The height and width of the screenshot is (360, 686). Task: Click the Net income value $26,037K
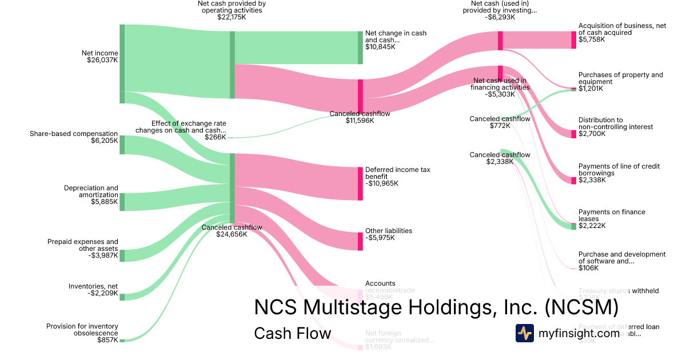point(102,60)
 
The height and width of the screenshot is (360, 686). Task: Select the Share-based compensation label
point(74,134)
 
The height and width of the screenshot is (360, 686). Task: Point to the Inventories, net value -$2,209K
point(102,293)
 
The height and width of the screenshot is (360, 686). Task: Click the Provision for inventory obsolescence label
point(82,330)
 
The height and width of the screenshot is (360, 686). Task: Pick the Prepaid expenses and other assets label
point(83,245)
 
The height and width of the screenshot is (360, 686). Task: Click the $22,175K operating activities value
point(232,17)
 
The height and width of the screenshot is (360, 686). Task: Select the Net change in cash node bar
point(361,48)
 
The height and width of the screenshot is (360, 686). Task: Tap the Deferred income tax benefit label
point(397,173)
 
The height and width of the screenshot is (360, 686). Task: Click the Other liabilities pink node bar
point(361,241)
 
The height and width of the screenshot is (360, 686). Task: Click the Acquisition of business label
point(622,29)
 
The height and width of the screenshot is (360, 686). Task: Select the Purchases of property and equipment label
point(620,78)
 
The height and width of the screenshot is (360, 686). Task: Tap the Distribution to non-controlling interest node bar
point(574,134)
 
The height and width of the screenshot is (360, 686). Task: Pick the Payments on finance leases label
point(612,215)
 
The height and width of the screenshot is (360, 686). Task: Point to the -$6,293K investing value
point(500,17)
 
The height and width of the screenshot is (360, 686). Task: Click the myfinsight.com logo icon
point(525,333)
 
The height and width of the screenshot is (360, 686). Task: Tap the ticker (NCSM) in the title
point(581,307)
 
